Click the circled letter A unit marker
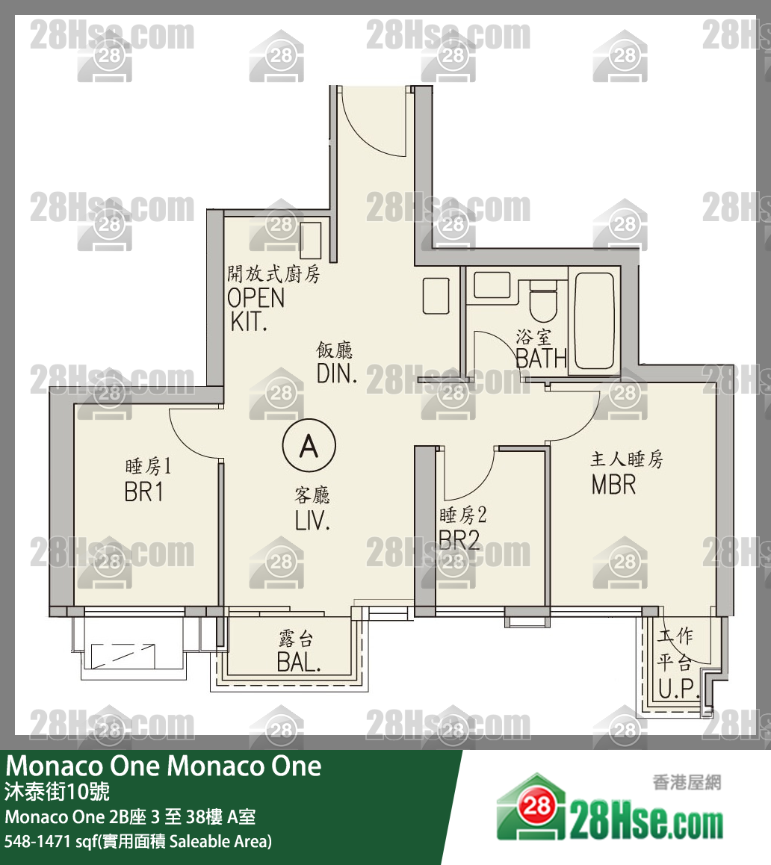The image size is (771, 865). point(309,445)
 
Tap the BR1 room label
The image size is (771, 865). point(144,492)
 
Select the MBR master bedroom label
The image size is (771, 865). point(613,485)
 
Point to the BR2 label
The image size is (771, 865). point(459,539)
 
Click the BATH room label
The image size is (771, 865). point(541,359)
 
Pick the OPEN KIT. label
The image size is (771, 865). point(256,310)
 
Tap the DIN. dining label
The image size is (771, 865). point(337,374)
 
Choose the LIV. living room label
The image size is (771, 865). point(312,521)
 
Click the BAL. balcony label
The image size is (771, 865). point(299,662)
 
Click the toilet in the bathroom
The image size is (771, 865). point(544,300)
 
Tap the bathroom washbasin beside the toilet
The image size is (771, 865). point(492,285)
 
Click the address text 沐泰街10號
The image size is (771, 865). point(58,792)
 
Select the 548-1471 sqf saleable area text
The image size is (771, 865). point(138,841)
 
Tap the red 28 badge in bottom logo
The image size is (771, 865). point(536,806)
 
